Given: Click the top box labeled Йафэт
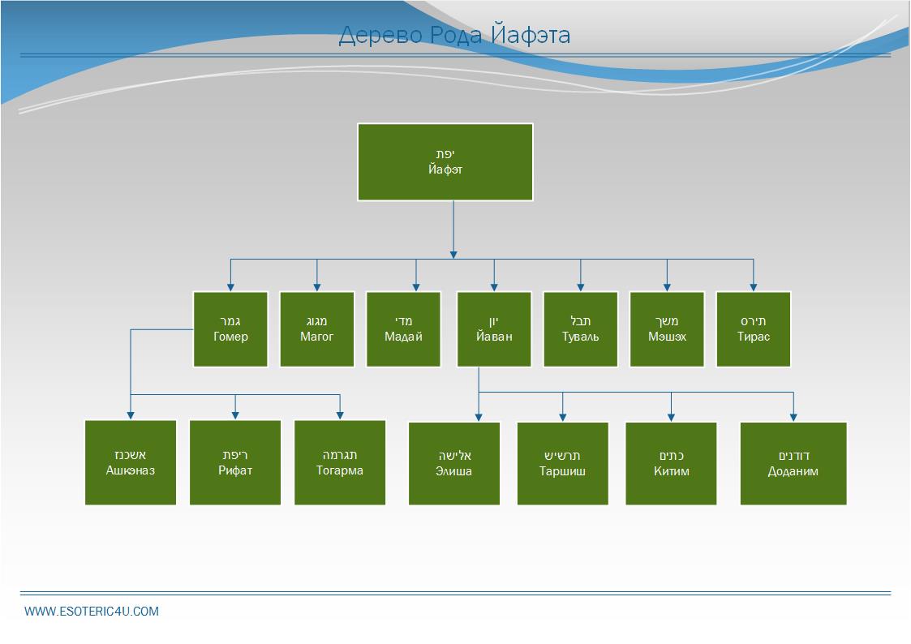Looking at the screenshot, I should pos(445,161).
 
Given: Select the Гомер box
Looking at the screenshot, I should pos(230,328).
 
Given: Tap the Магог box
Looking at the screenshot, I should pos(317,328).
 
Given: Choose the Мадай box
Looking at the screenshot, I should pos(403,328).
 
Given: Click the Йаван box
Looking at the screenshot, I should pos(494,328).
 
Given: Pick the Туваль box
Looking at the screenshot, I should pos(581,328).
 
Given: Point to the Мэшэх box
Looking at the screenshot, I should pos(667,328).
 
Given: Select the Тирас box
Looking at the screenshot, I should pos(754,328).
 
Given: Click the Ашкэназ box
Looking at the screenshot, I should pos(131,462).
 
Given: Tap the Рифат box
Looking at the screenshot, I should pos(235,462).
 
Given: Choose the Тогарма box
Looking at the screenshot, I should pos(340,462).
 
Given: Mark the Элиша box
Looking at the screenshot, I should pos(454,463).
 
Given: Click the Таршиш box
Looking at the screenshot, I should pos(563,463).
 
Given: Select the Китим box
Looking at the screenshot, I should pos(671,463).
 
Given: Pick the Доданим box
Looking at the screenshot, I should pos(793,463).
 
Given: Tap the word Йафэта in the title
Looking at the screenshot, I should pos(531,36).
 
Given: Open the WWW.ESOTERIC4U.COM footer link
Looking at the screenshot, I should pos(92,612).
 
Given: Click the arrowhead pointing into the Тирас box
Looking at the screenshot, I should pos(754,286).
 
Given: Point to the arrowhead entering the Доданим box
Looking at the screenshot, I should pos(793,417).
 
